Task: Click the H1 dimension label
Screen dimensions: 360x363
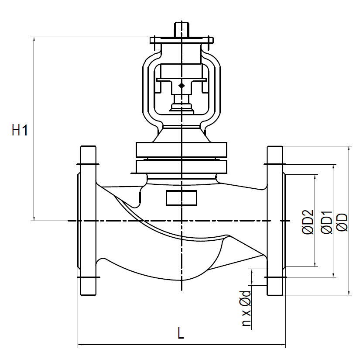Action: click(x=20, y=130)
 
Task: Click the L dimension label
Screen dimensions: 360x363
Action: click(x=181, y=334)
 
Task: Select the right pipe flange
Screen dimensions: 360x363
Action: click(x=275, y=221)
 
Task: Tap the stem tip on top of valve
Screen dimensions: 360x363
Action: click(x=181, y=29)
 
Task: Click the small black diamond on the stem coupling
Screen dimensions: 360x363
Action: click(x=181, y=85)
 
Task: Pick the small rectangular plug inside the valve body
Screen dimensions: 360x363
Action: click(x=181, y=198)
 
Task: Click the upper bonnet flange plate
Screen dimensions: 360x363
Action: click(x=181, y=149)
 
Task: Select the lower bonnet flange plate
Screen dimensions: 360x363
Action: click(x=181, y=166)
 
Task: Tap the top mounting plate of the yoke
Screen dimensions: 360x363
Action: click(x=181, y=41)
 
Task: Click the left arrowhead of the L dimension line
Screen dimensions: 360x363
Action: click(x=80, y=346)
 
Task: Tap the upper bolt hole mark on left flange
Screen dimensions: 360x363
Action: click(x=88, y=165)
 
